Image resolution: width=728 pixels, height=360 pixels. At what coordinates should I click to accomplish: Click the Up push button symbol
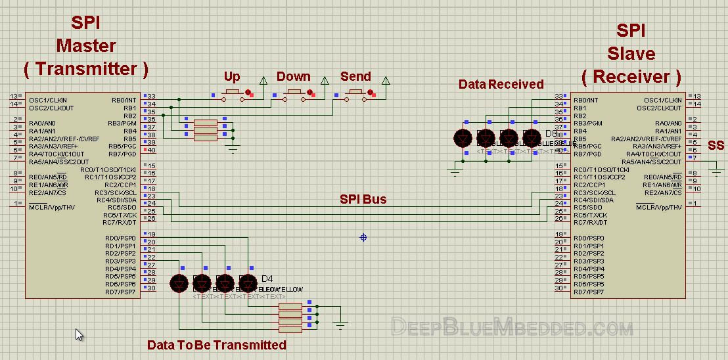click(x=233, y=95)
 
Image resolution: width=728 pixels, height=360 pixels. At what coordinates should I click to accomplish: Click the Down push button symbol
click(x=293, y=95)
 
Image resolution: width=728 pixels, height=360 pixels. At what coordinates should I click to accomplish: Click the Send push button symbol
click(x=355, y=95)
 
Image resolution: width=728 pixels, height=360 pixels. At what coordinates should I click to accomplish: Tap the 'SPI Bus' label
click(x=363, y=199)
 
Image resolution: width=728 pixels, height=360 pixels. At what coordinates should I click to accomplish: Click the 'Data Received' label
click(x=501, y=84)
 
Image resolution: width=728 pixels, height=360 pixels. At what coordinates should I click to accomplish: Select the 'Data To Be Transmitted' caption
click(x=216, y=345)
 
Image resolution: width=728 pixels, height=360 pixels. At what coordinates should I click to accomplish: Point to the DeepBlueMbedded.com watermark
click(x=512, y=326)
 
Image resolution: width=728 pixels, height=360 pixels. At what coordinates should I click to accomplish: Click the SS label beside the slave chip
click(x=716, y=145)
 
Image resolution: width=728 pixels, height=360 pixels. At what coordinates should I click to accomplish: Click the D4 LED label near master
click(x=267, y=278)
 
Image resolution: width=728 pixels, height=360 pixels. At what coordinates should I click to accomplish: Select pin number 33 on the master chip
click(x=151, y=97)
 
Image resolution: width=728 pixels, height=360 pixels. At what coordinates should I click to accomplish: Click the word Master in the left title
click(x=85, y=46)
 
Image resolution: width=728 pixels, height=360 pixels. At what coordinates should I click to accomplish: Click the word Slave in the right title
click(x=631, y=53)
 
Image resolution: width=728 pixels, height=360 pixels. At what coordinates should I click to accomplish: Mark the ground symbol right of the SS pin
click(x=717, y=173)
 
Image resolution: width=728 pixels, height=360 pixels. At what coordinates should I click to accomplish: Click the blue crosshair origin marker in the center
click(x=363, y=237)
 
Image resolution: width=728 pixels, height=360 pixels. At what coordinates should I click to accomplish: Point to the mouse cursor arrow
click(x=79, y=334)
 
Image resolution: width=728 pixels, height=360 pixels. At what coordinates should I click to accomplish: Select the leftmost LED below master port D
click(x=179, y=283)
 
